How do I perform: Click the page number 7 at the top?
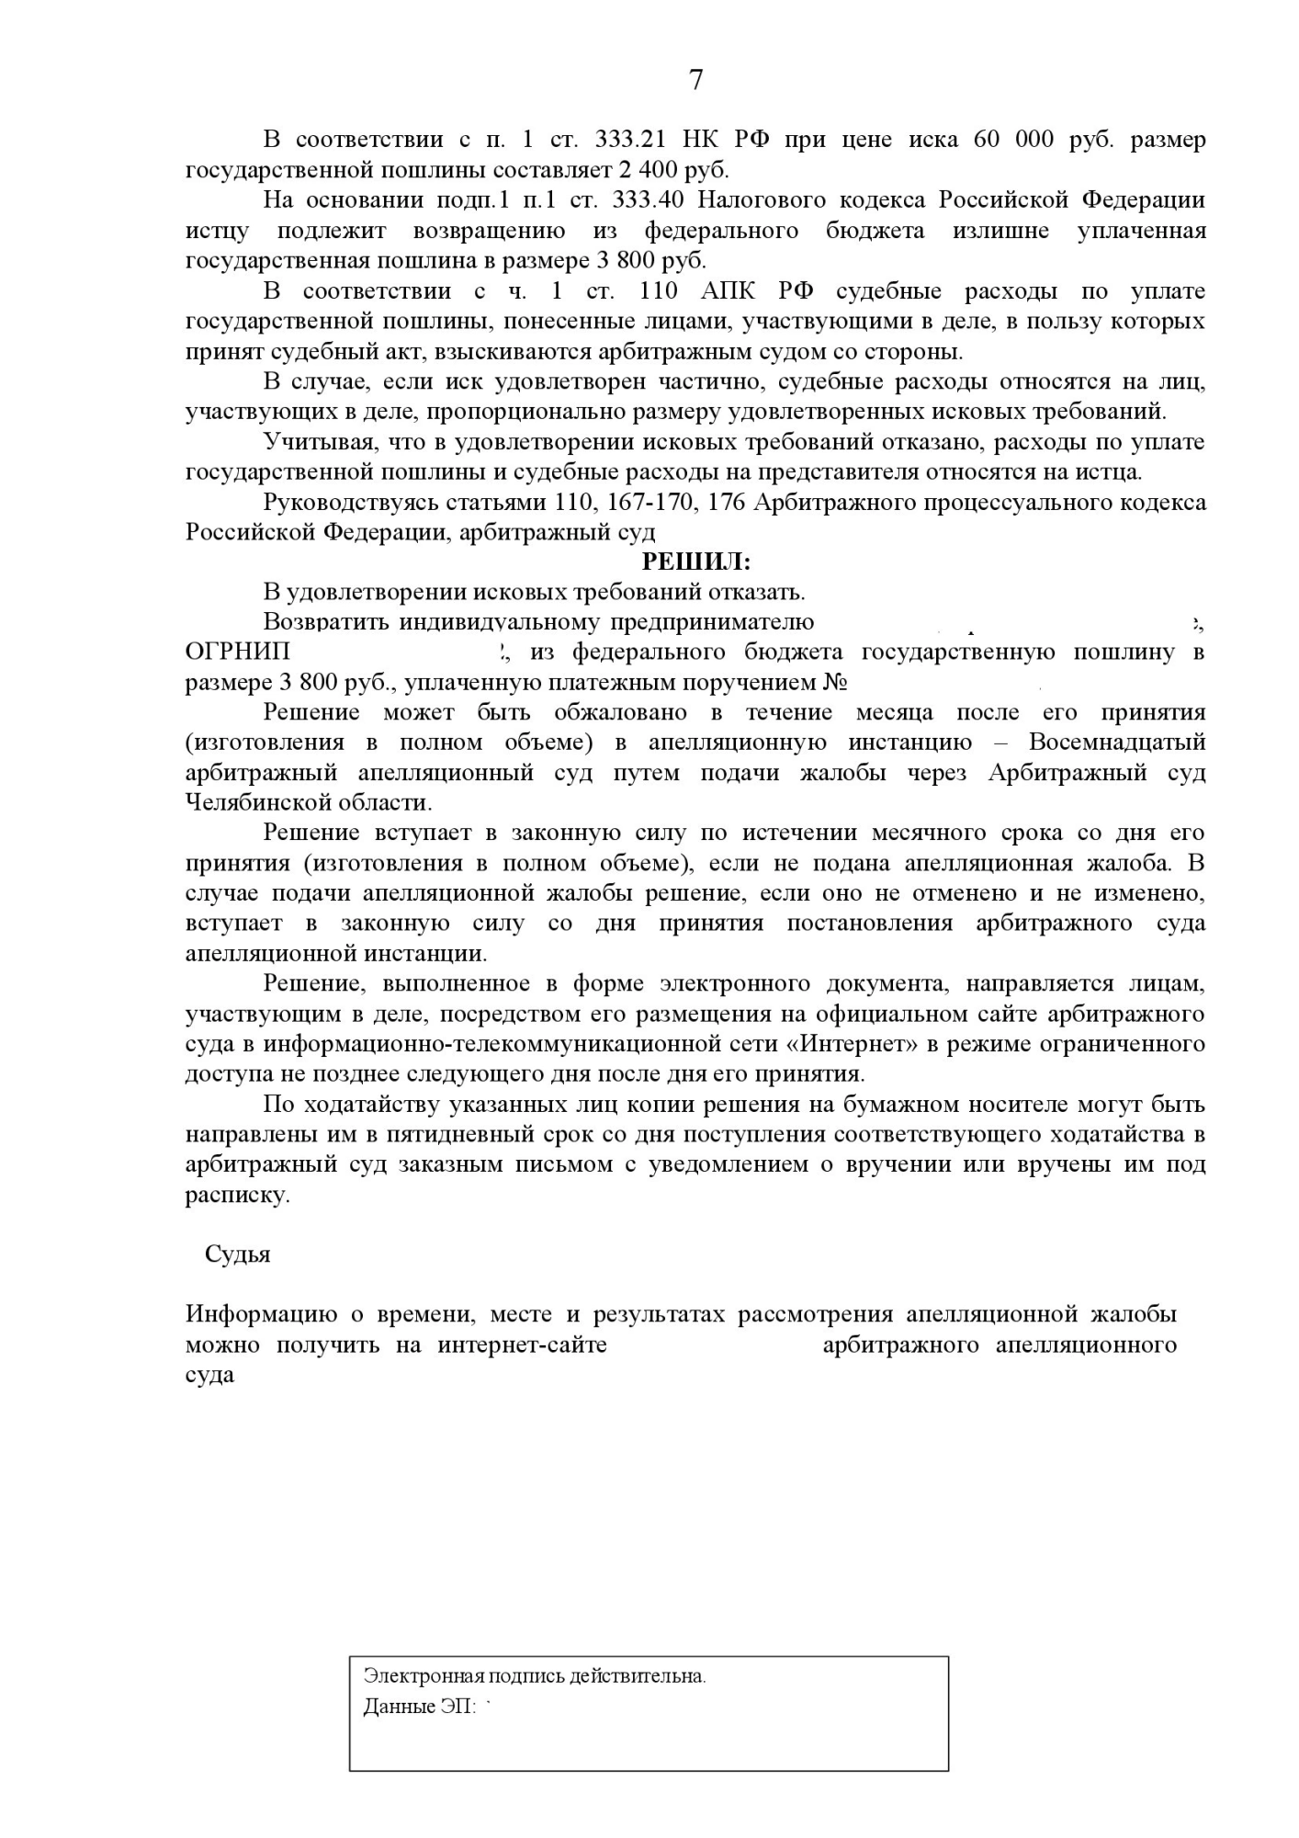coord(695,81)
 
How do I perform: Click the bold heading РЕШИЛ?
coord(695,562)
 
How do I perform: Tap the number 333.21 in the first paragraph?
coord(629,140)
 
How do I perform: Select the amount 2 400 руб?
coord(685,170)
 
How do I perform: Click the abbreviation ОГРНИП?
coord(238,652)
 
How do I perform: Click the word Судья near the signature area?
coord(238,1254)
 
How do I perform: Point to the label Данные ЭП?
coord(420,1707)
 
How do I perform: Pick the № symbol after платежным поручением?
coord(833,683)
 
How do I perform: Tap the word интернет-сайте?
coord(522,1345)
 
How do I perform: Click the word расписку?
coord(237,1196)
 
